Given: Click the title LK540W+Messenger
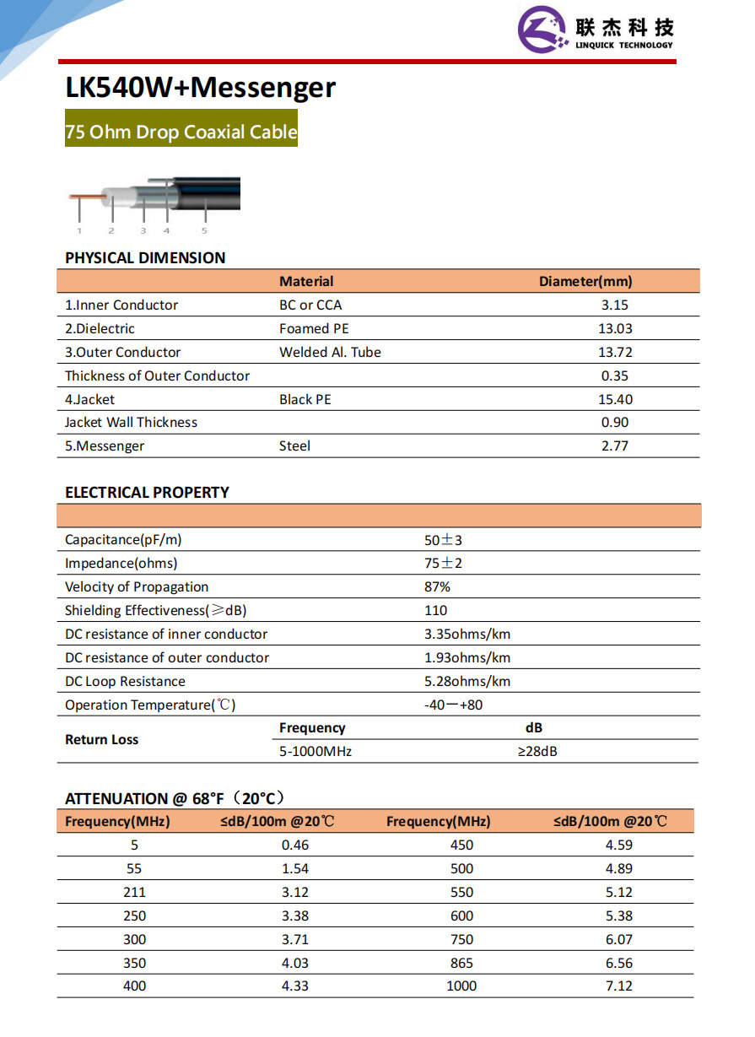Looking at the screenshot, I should (200, 88).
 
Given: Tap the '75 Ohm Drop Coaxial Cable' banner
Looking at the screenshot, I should (181, 132).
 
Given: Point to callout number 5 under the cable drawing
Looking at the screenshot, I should (204, 230).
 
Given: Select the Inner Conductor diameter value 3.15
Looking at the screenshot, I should (615, 305).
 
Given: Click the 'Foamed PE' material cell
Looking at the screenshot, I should (314, 329).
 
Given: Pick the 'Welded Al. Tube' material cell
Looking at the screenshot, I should (330, 353).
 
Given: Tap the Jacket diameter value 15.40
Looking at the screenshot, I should (615, 399).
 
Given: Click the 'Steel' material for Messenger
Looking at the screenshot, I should (294, 446).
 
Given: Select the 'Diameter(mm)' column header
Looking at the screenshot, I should (585, 282).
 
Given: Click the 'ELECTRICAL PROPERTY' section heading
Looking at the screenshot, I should (147, 493).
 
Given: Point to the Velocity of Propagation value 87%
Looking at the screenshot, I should (437, 587).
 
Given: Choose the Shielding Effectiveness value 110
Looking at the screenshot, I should (435, 611).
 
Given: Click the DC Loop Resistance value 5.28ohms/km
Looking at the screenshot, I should (466, 682).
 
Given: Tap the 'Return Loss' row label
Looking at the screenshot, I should (101, 740).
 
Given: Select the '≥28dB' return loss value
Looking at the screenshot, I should (537, 751).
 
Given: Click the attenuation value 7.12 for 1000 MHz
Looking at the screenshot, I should (618, 986).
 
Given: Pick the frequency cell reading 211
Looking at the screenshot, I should (134, 892).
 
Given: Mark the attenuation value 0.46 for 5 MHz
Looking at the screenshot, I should (295, 845).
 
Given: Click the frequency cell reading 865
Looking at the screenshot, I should (461, 963).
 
